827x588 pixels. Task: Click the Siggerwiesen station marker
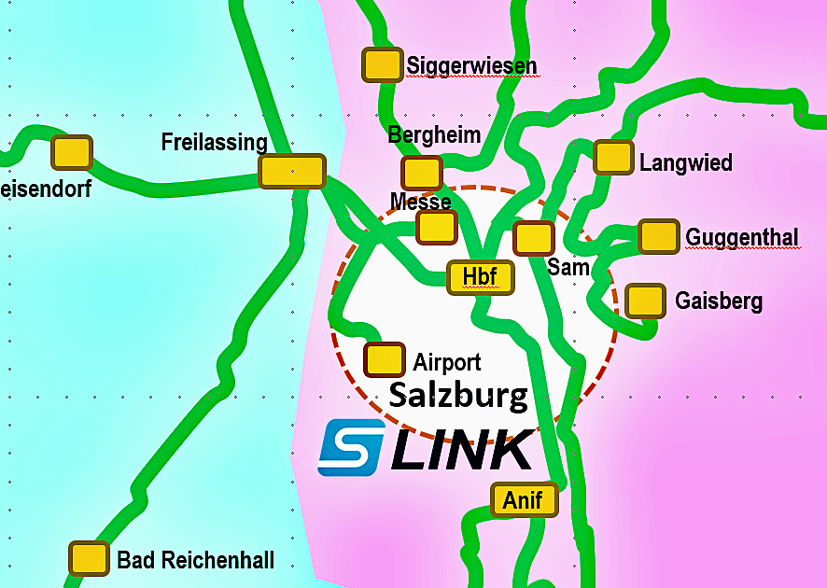(x=382, y=64)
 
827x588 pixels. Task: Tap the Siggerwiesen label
(x=471, y=65)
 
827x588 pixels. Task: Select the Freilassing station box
(x=291, y=172)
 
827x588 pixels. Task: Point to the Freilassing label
(x=214, y=142)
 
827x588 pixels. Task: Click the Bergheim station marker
(x=421, y=173)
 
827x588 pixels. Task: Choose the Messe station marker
(x=436, y=227)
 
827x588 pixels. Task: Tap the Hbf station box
(x=481, y=276)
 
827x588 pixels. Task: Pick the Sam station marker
(x=534, y=238)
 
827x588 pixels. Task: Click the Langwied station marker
(x=613, y=157)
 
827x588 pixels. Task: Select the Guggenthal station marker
(x=658, y=236)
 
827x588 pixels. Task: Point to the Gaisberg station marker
(x=645, y=301)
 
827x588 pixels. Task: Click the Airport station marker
(x=383, y=359)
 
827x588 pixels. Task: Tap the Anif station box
(x=523, y=500)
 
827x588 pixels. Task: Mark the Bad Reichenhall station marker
(x=89, y=558)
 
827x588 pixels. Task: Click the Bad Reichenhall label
(x=196, y=560)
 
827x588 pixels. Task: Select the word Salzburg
(x=458, y=396)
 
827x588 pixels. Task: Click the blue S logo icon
(x=352, y=446)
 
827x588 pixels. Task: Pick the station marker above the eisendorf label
(x=72, y=152)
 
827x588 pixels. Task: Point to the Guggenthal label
(x=742, y=238)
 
